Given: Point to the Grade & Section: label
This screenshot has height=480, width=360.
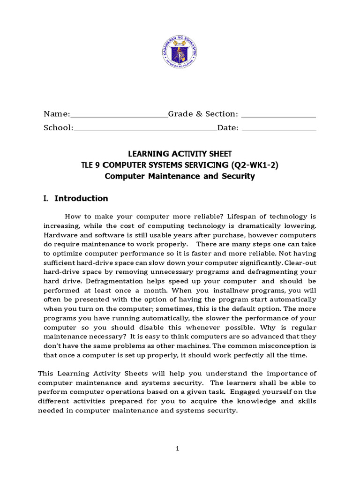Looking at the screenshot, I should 203,114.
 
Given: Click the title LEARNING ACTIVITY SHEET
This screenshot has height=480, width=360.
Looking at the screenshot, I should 180,154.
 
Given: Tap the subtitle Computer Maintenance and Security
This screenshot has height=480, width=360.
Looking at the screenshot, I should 180,176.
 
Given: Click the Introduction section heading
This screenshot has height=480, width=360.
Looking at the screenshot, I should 81,198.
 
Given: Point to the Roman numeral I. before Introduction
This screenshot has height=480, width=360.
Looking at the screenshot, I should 46,198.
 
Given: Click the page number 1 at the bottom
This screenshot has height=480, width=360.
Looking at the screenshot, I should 178,449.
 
